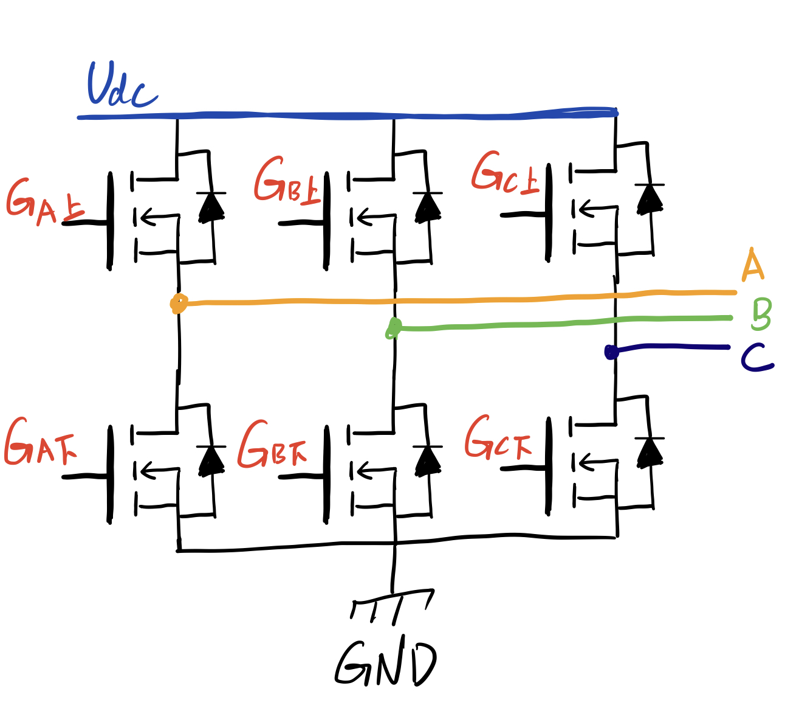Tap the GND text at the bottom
pos(385,664)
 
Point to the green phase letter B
pos(761,314)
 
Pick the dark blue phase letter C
pos(756,358)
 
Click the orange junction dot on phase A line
pos(178,303)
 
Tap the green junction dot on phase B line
pos(394,328)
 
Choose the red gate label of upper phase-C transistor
pos(504,174)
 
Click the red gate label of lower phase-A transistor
pos(40,443)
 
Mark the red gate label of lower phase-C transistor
pos(498,437)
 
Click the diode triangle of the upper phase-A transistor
pos(211,207)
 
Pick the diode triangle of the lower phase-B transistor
pos(428,460)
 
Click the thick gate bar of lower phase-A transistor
pos(110,474)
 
